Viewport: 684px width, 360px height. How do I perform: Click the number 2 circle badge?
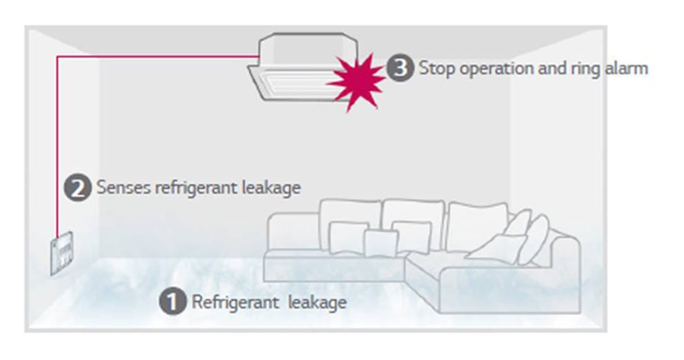pos(77,188)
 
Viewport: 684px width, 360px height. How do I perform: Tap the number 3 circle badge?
pos(399,68)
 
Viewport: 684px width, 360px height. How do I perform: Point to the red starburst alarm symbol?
pos(356,79)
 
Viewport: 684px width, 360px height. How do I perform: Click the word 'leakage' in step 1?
pos(316,302)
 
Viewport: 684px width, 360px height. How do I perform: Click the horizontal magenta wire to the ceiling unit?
pos(155,57)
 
